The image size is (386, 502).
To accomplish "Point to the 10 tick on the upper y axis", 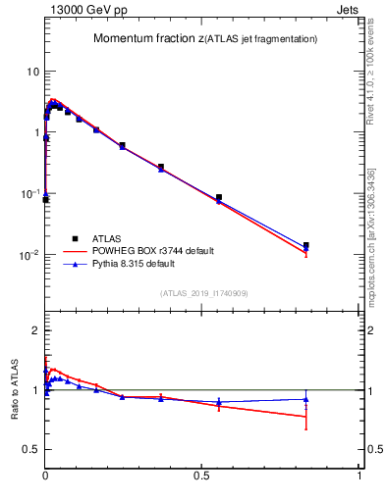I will [32, 72].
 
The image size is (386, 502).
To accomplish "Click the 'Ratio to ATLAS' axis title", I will [15, 390].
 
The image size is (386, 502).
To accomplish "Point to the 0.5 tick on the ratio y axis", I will [31, 449].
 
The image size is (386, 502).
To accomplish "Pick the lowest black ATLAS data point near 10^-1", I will [45, 200].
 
